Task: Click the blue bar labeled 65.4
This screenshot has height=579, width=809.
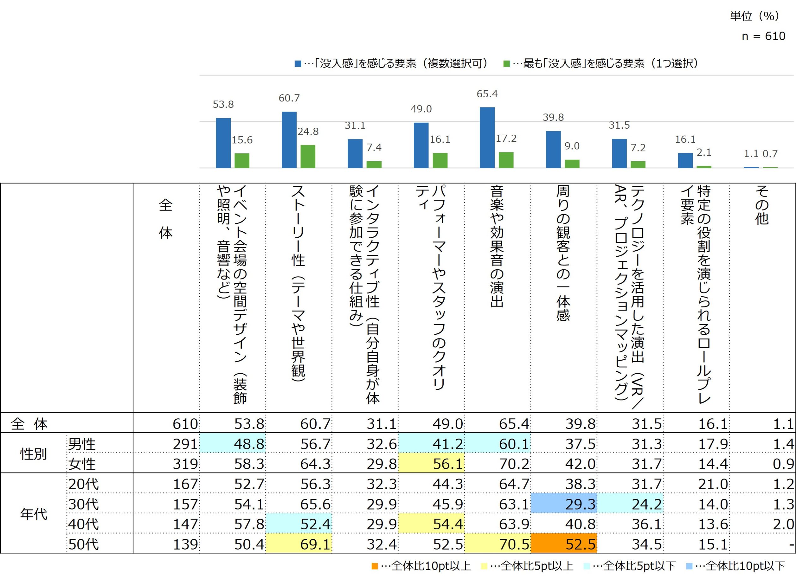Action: tap(487, 137)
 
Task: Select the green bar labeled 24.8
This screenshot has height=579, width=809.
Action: tap(307, 156)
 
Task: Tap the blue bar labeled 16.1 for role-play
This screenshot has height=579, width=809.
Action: tap(685, 161)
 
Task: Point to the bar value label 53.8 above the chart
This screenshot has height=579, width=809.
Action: tap(223, 105)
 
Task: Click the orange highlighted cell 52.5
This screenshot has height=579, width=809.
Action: tap(563, 544)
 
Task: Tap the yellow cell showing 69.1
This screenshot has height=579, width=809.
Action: tap(299, 544)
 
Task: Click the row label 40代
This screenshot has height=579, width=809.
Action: tap(83, 524)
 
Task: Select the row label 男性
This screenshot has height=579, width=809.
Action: tap(82, 444)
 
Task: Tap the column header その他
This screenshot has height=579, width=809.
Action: tap(762, 205)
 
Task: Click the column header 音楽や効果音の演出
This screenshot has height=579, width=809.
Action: tap(497, 246)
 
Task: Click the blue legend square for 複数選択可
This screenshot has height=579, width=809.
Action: tap(298, 64)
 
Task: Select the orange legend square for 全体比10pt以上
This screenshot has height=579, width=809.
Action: tap(374, 566)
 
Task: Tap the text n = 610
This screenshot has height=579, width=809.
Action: tap(763, 36)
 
